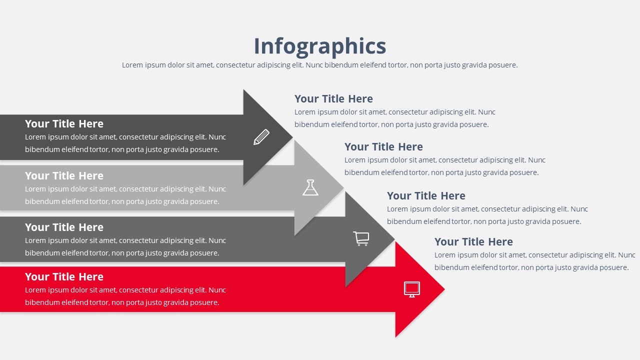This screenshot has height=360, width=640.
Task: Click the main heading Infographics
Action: [x=320, y=46]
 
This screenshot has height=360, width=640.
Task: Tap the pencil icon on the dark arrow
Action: [x=261, y=137]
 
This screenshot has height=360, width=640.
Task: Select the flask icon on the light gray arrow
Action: [x=310, y=187]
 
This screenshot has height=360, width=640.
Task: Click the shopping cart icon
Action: [x=361, y=238]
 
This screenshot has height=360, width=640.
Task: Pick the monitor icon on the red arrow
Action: [x=412, y=289]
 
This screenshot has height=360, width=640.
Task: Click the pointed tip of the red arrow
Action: [x=444, y=289]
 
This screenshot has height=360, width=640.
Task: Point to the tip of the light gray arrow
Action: [x=343, y=187]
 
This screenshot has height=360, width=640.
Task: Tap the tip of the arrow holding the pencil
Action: [x=292, y=137]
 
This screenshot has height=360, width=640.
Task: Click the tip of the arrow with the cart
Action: [x=394, y=238]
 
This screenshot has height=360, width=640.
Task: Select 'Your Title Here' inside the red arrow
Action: [x=64, y=276]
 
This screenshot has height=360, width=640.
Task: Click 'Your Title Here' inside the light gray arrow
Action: [x=64, y=175]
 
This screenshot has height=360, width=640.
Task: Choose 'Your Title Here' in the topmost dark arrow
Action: [x=64, y=123]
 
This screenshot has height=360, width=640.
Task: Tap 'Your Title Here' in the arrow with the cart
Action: [x=64, y=227]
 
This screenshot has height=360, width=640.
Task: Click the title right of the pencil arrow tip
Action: [x=333, y=99]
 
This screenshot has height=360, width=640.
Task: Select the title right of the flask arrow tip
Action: [x=383, y=147]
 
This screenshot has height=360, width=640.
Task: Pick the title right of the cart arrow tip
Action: [x=426, y=195]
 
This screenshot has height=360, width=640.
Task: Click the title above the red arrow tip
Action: [x=473, y=241]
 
